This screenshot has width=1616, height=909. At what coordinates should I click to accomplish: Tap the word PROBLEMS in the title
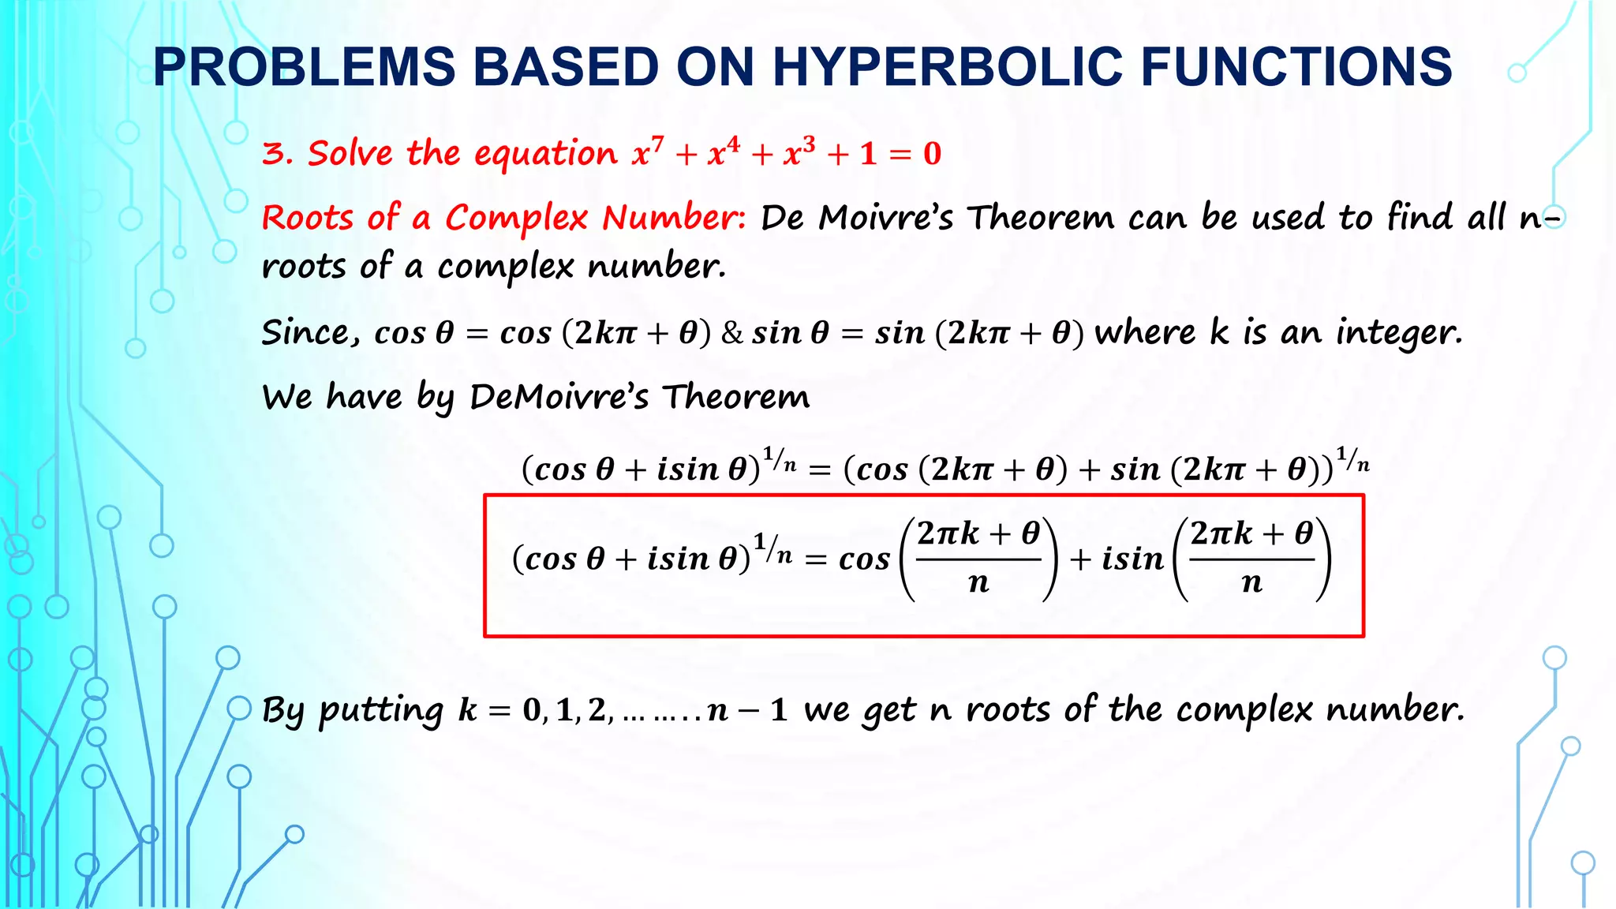pos(305,66)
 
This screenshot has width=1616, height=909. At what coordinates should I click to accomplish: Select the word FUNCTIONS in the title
pos(1296,66)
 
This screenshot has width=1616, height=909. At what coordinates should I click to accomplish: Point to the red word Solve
pos(350,152)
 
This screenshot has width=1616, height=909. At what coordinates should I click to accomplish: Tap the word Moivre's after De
pos(886,218)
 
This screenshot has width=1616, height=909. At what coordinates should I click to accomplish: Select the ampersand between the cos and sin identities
pos(732,333)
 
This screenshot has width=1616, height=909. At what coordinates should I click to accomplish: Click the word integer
pos(1399,333)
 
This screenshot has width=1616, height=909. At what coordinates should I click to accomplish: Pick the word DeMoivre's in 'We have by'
pos(559,396)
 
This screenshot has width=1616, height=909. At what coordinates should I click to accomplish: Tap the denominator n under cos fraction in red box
pos(978,583)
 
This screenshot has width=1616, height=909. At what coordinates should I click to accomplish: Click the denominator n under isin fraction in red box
pos(1251,583)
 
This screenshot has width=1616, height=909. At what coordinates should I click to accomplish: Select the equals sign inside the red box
pos(815,560)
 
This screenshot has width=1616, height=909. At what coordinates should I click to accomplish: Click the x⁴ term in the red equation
pos(724,151)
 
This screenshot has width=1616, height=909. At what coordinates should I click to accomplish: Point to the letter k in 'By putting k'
pos(468,709)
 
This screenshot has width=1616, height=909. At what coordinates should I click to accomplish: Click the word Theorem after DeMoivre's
pos(735,396)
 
